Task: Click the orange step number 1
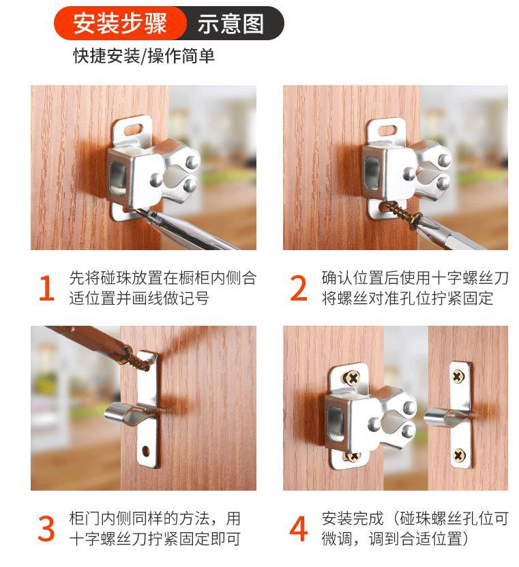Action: [45, 288]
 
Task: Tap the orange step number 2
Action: [299, 288]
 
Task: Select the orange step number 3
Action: [45, 530]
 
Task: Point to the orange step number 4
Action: [299, 530]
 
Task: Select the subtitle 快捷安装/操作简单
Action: [144, 56]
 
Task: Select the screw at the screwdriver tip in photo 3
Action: [140, 359]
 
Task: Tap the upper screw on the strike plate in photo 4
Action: [457, 375]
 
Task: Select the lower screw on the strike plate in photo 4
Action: [458, 454]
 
